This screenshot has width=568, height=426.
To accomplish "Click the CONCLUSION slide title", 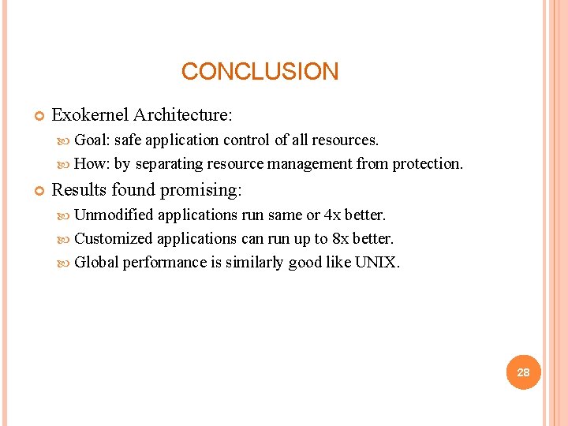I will [260, 72].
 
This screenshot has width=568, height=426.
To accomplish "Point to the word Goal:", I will [92, 140].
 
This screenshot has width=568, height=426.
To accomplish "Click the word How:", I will [92, 164].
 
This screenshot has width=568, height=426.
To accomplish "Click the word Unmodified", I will [114, 215].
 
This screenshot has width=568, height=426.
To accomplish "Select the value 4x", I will [333, 215].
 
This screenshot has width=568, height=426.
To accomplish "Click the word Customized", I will [114, 238].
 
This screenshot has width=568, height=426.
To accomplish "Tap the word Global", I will [95, 262].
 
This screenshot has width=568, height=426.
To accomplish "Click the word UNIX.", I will [377, 262].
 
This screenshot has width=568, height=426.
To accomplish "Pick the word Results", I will [80, 190].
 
